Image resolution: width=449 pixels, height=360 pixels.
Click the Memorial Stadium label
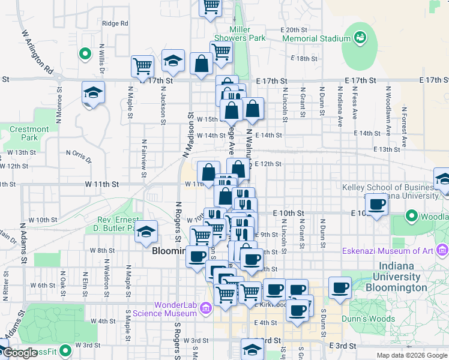click(316, 38)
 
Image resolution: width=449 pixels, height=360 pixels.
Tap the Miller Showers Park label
click(247, 34)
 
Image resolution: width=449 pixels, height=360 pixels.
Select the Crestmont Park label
click(29, 133)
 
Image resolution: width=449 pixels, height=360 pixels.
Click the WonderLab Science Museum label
click(175, 308)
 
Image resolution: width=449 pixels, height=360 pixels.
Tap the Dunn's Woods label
click(375, 319)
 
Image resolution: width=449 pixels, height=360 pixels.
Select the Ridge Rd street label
click(115, 23)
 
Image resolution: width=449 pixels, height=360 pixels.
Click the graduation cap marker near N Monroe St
click(94, 93)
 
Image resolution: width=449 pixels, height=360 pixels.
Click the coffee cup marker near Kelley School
click(377, 205)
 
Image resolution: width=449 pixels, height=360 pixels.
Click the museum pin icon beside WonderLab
click(206, 308)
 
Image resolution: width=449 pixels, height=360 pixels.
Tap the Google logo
click(19, 353)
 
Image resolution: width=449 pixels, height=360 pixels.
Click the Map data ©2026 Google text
click(411, 355)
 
